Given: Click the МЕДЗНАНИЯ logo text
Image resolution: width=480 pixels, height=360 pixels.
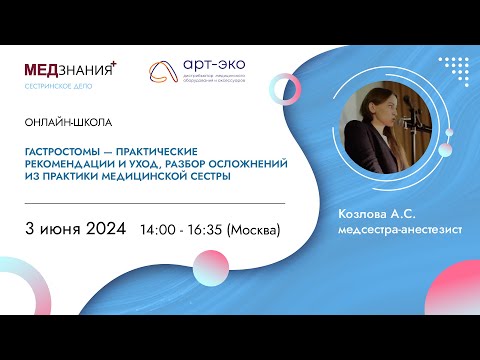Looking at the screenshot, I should tap(68, 71).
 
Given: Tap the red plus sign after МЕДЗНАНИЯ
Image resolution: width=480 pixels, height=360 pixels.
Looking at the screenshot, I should tap(114, 64).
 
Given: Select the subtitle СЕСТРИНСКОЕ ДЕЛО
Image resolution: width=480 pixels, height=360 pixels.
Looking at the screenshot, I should tap(62, 87).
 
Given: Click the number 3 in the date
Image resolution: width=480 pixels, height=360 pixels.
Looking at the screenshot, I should tap(31, 228).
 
